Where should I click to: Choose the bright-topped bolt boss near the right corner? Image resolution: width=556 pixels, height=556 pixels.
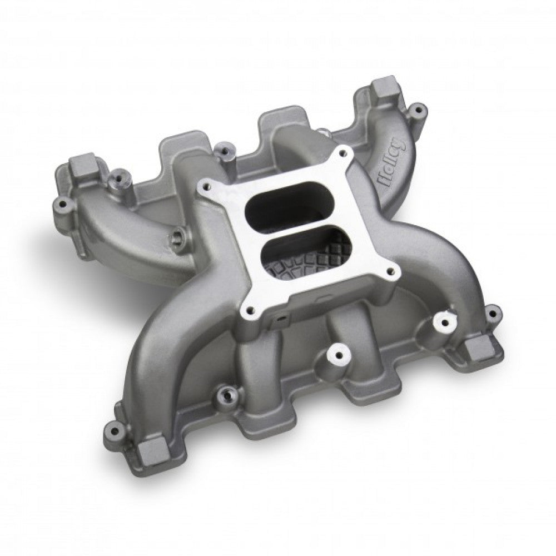pyautogui.click(x=444, y=321)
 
